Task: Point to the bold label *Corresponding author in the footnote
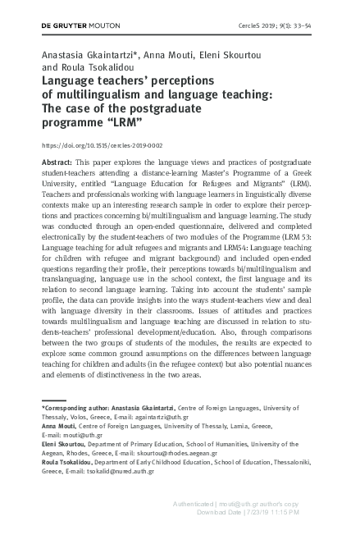click(x=72, y=407)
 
